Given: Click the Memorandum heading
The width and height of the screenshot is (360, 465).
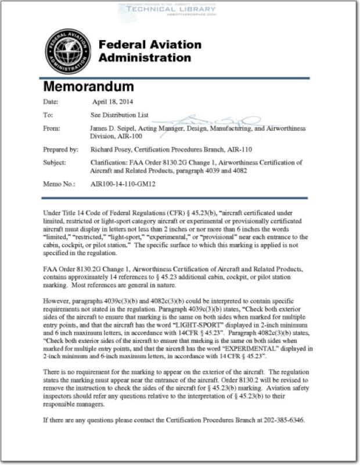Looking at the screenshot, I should click(x=89, y=87).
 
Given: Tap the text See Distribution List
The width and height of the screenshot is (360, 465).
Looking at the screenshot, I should click(x=117, y=115).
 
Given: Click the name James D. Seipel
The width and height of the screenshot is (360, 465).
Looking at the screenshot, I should click(x=113, y=128).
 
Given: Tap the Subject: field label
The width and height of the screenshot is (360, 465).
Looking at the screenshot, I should click(x=56, y=163).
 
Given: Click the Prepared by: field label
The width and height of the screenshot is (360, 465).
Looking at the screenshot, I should click(x=61, y=149).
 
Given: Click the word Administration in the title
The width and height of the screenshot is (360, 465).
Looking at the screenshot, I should click(x=145, y=58).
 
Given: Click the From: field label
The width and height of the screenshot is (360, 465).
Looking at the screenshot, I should click(x=52, y=128).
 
